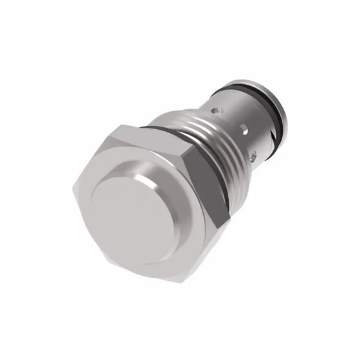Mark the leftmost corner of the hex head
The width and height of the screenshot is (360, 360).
pos(72,186)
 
